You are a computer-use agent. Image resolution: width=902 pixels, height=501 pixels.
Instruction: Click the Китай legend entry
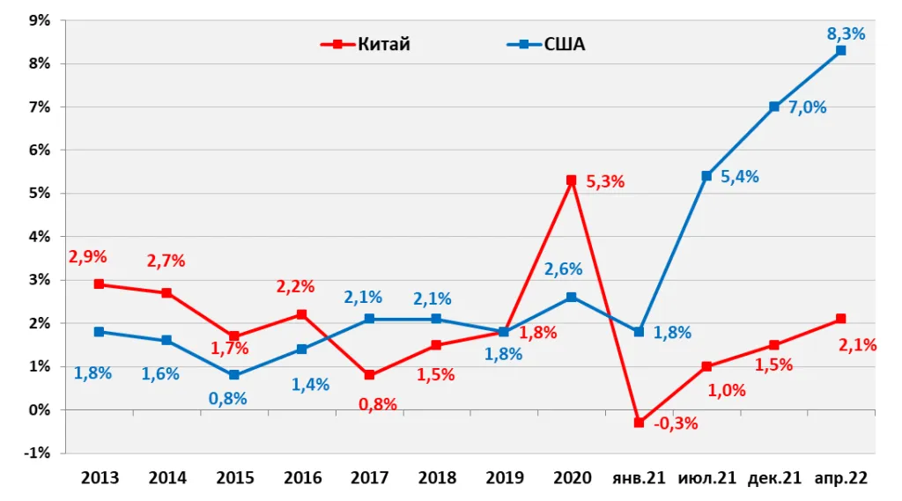click(x=366, y=44)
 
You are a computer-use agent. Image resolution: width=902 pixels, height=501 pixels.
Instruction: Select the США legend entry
click(x=546, y=44)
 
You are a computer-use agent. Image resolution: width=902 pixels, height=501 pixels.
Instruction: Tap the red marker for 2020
click(x=571, y=181)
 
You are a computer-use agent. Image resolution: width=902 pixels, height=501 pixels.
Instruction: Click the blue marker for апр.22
click(x=841, y=50)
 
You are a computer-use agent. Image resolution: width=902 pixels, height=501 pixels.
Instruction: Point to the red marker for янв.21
click(x=639, y=423)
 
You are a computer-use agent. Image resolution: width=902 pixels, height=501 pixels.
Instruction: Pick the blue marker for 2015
click(x=234, y=375)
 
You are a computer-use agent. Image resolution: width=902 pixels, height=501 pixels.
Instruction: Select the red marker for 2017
click(x=369, y=375)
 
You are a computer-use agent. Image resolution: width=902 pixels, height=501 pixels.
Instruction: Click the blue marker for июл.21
click(x=706, y=176)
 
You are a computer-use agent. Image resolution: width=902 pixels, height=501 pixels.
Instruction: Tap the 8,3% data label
click(x=846, y=34)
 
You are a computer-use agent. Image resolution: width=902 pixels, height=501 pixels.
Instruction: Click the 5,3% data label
click(x=605, y=181)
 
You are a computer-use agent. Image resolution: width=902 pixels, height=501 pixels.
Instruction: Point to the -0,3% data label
click(x=676, y=424)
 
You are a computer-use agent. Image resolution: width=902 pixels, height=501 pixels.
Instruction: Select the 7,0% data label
click(x=807, y=107)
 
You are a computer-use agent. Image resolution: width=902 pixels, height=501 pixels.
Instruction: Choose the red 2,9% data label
click(x=88, y=256)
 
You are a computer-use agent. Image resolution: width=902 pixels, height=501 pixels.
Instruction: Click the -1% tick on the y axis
click(x=37, y=453)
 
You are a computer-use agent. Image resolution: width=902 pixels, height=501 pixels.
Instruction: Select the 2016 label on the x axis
click(x=303, y=478)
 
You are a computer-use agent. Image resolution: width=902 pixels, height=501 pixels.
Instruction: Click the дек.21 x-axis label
click(x=774, y=478)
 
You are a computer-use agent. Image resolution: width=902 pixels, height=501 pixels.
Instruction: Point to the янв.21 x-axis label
click(x=639, y=478)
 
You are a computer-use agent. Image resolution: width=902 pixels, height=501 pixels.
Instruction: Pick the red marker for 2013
click(x=99, y=284)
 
